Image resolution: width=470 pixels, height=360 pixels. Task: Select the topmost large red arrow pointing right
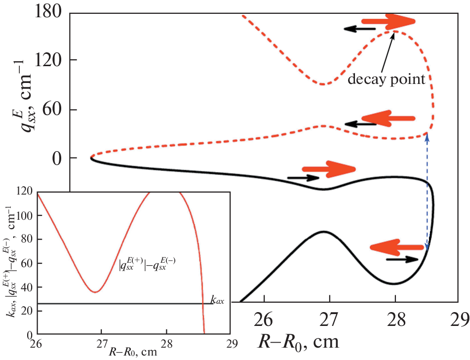388,22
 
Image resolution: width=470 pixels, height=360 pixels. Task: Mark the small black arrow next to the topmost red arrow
360,29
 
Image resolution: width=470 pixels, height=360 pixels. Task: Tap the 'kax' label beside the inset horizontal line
217,299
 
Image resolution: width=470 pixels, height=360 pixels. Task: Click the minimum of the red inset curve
95,292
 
